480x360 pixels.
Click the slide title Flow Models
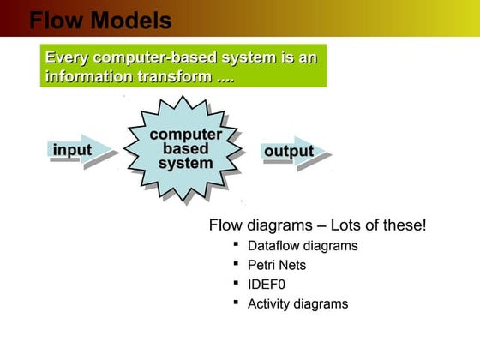(100, 20)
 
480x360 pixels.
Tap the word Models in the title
(131, 20)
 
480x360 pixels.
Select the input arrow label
(72, 152)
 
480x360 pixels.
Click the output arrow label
(288, 152)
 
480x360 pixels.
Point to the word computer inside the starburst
(185, 135)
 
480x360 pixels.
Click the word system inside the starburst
(185, 164)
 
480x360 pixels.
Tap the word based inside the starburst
(185, 149)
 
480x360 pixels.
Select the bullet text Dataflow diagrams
(303, 245)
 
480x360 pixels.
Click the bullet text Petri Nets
(277, 265)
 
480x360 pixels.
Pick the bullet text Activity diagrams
(297, 303)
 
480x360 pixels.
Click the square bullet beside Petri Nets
(236, 263)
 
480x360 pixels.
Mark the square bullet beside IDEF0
(236, 282)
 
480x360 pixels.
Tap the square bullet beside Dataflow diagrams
(236, 243)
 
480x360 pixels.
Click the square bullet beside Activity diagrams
(236, 302)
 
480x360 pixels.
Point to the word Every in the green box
(67, 58)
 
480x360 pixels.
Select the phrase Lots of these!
(377, 225)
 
